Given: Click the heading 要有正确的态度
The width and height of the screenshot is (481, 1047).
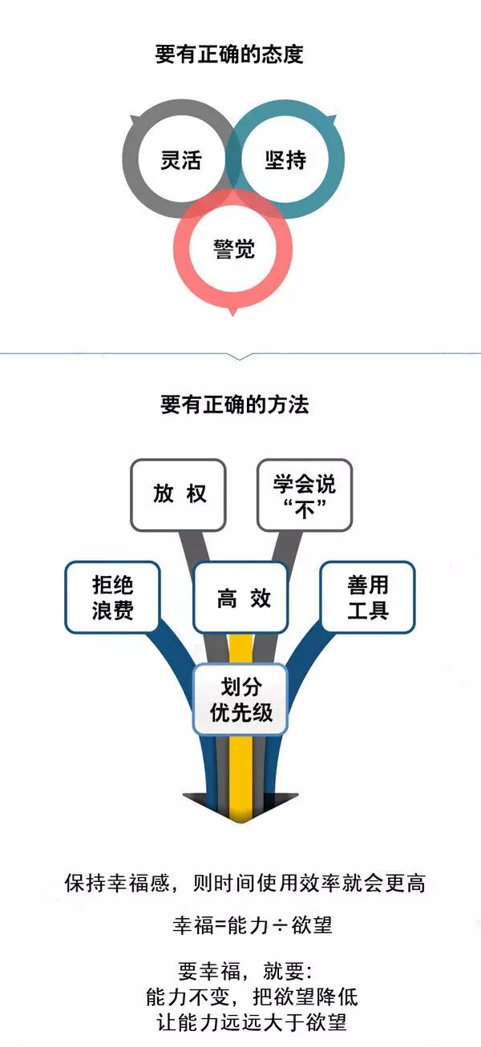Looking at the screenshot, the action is (229, 55).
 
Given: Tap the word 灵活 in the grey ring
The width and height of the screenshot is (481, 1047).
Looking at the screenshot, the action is (180, 159).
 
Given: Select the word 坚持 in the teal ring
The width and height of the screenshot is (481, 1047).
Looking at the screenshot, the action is (285, 159).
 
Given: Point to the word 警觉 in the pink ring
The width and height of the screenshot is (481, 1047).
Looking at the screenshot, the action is (233, 249).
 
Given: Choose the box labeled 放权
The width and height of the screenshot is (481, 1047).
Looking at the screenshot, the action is (179, 494).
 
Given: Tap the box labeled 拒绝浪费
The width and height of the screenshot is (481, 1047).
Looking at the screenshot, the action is (112, 598).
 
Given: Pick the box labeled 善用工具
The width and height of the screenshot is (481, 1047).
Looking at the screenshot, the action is (368, 598).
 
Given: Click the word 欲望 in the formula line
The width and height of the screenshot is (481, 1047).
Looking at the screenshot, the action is (312, 926).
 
